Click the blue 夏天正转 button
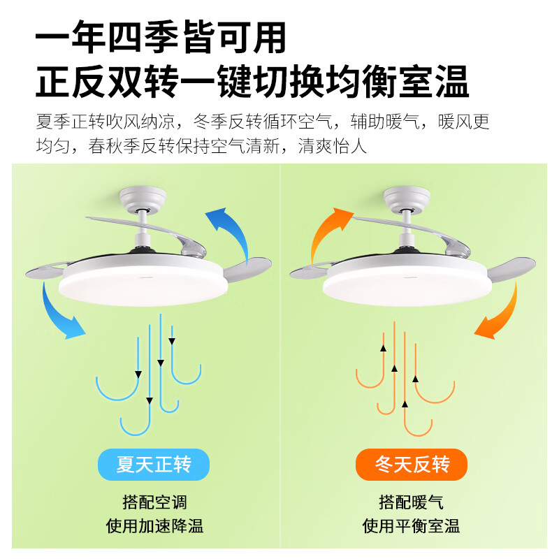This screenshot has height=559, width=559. (153, 465)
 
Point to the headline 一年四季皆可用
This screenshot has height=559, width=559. (161, 38)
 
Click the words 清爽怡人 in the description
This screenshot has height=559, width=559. (332, 146)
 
